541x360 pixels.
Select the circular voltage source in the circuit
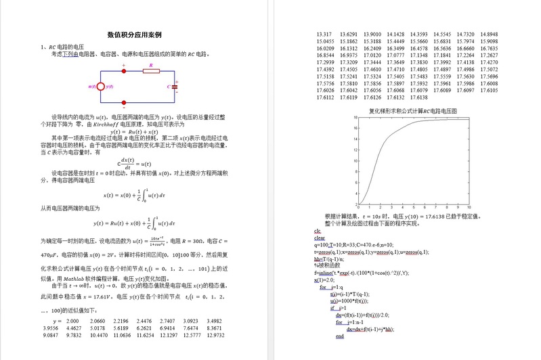(x=101, y=87)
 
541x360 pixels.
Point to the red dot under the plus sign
(x=123, y=71)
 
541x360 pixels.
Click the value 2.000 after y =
(x=70, y=320)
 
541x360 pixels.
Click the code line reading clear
(x=320, y=238)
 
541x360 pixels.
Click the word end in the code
(x=340, y=336)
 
